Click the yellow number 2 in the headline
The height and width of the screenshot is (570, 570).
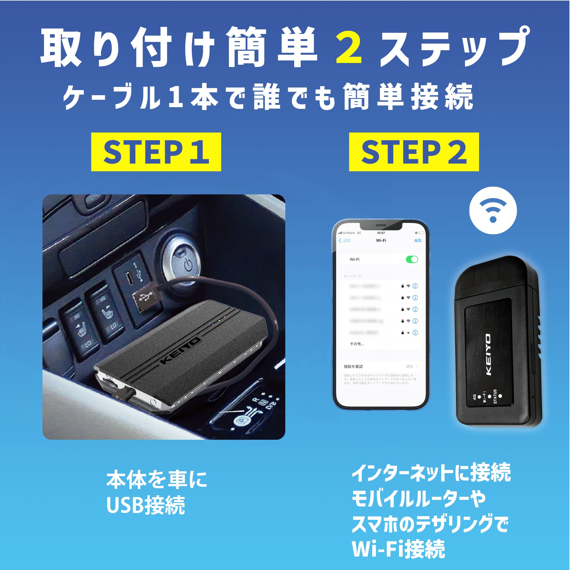click(349, 48)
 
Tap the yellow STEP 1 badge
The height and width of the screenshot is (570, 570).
click(156, 152)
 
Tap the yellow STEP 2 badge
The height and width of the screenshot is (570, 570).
click(414, 152)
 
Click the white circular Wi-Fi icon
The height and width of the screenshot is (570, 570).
click(493, 210)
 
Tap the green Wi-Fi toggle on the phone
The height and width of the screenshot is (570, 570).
click(412, 259)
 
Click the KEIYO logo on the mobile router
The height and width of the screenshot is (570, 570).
click(488, 354)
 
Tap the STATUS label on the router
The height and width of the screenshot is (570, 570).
click(495, 396)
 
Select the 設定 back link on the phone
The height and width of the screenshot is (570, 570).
click(345, 241)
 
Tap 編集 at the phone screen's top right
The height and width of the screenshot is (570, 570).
click(418, 241)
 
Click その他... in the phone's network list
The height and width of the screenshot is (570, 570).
click(357, 344)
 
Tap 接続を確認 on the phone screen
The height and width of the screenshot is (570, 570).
click(353, 367)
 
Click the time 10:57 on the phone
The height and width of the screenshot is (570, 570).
click(381, 233)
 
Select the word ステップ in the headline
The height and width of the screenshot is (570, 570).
click(454, 47)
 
